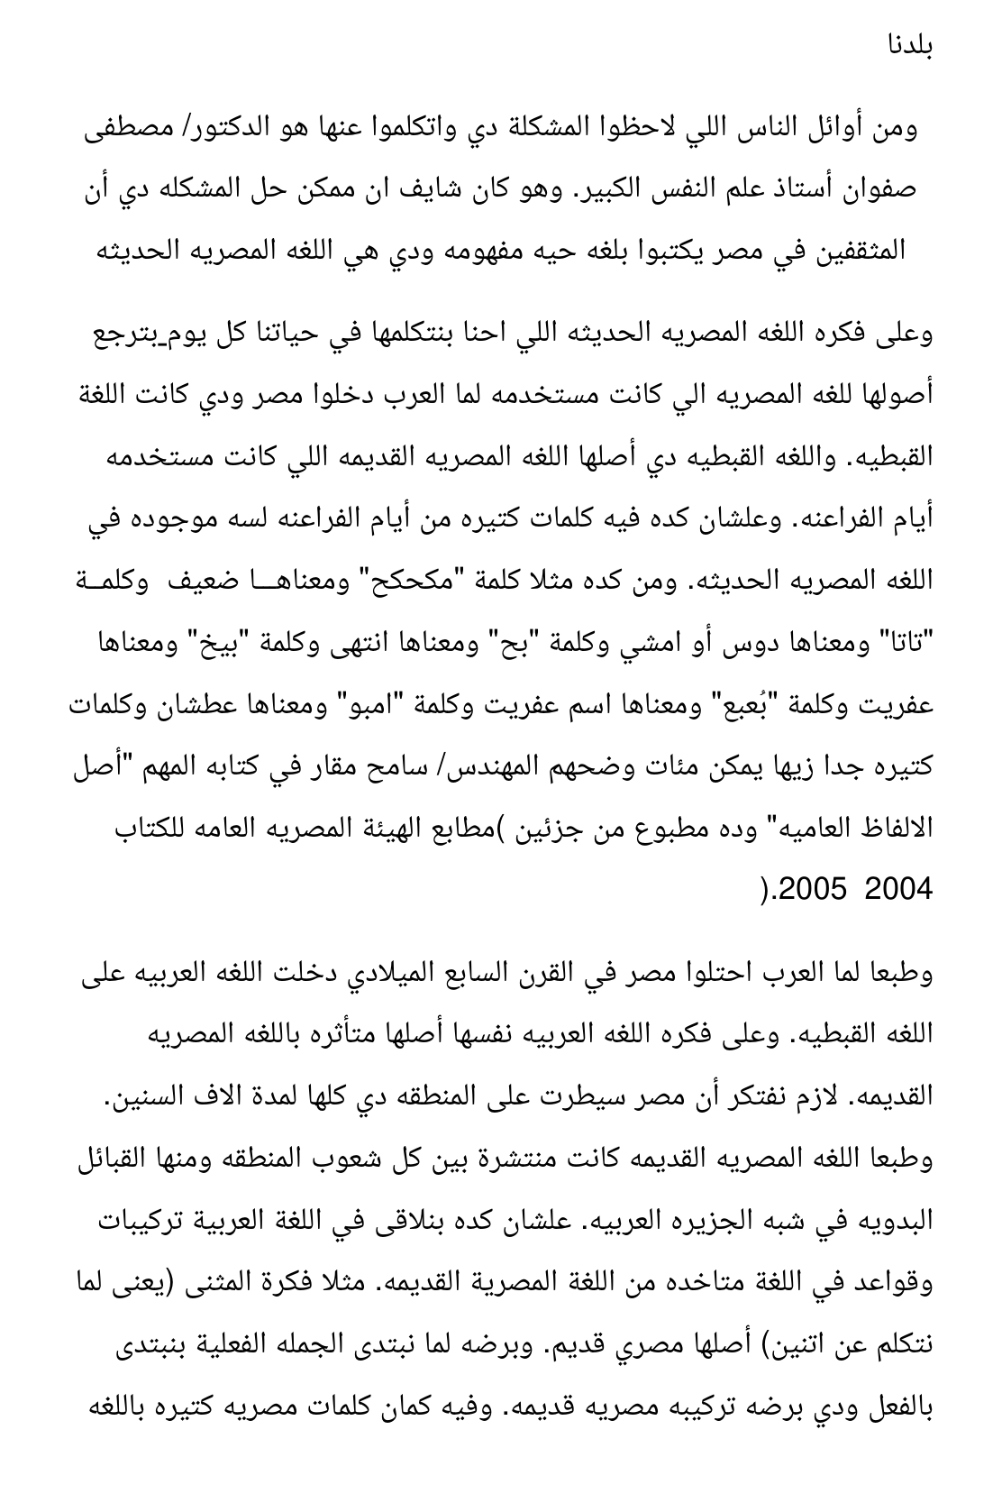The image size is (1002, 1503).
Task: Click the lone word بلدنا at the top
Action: pyautogui.click(x=907, y=45)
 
